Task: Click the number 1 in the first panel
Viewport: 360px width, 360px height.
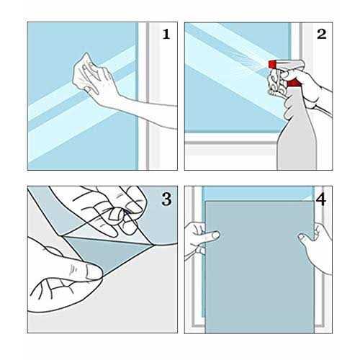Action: pyautogui.click(x=166, y=34)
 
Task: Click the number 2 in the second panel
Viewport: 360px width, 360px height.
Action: pyautogui.click(x=322, y=34)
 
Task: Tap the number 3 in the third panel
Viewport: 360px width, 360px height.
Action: pyautogui.click(x=166, y=199)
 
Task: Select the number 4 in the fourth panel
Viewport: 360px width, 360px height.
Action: pyautogui.click(x=321, y=199)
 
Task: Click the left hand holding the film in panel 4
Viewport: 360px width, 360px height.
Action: pyautogui.click(x=199, y=240)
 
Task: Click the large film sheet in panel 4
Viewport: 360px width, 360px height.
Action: pyautogui.click(x=260, y=267)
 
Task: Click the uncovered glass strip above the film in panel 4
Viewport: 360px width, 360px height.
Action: pyautogui.click(x=258, y=194)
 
